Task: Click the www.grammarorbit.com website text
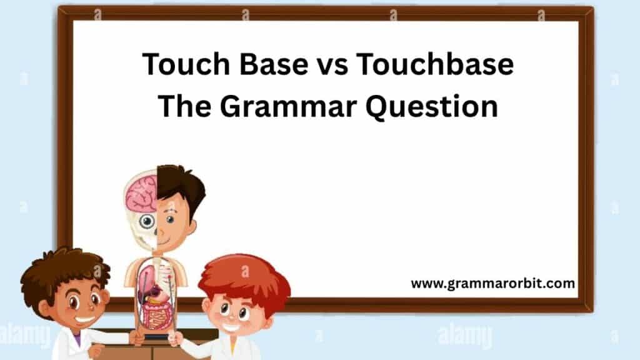[492, 283]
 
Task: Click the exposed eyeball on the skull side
[147, 221]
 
